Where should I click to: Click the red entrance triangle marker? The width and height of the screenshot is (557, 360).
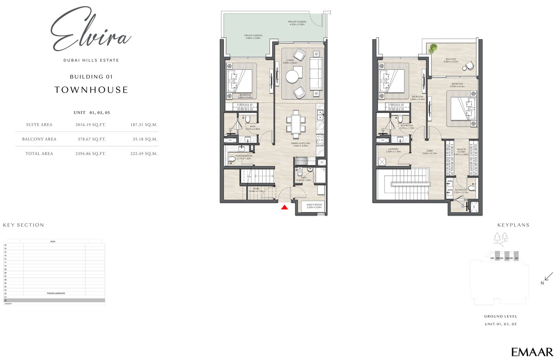coord(284,208)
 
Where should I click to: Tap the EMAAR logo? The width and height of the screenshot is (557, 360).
coord(532,352)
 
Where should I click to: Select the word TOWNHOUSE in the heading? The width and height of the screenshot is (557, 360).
coord(91,90)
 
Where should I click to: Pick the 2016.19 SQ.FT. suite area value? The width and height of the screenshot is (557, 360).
coord(91,125)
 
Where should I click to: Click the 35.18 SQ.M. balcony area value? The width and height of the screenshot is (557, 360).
coord(144,139)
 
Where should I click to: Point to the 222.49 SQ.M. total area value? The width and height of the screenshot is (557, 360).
coord(144,154)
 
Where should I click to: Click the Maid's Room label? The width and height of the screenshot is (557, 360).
coord(314,206)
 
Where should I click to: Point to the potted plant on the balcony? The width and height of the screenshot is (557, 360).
coord(433,48)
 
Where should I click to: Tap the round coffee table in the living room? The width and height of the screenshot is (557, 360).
coord(292,76)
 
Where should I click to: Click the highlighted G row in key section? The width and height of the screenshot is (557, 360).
coord(54,300)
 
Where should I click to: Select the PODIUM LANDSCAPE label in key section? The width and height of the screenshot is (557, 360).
coord(56,294)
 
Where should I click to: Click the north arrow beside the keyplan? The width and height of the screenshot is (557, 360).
coord(549,276)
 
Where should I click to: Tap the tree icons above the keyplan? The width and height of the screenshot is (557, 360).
coord(501,238)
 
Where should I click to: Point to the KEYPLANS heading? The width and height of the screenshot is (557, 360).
coord(513,225)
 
